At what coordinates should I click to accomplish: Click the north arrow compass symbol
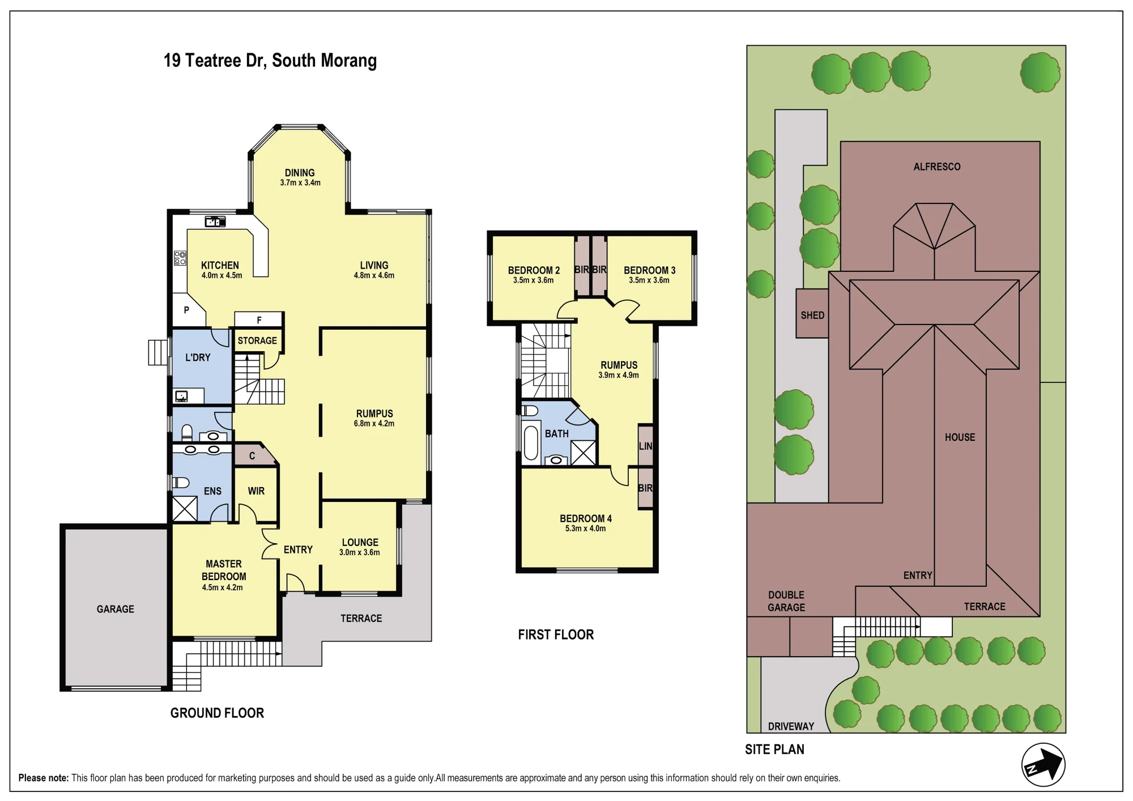[1043, 765]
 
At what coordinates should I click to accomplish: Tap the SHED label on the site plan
[812, 316]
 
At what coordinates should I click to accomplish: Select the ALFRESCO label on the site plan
[937, 167]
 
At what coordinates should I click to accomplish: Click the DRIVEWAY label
[791, 726]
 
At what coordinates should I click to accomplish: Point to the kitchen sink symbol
[215, 221]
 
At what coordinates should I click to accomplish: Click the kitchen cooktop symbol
[180, 258]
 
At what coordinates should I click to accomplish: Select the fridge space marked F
[259, 319]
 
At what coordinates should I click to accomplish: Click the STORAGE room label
[257, 340]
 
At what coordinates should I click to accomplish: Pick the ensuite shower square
[185, 509]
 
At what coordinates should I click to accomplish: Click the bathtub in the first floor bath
[531, 443]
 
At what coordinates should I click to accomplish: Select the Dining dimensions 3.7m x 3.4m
[300, 182]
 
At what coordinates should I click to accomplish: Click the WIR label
[256, 491]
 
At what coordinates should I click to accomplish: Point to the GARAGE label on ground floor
[116, 609]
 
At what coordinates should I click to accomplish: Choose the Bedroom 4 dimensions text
[585, 529]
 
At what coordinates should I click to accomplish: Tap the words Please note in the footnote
[43, 778]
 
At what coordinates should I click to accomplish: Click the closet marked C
[252, 455]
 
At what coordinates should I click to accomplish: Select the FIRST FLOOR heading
[556, 634]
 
